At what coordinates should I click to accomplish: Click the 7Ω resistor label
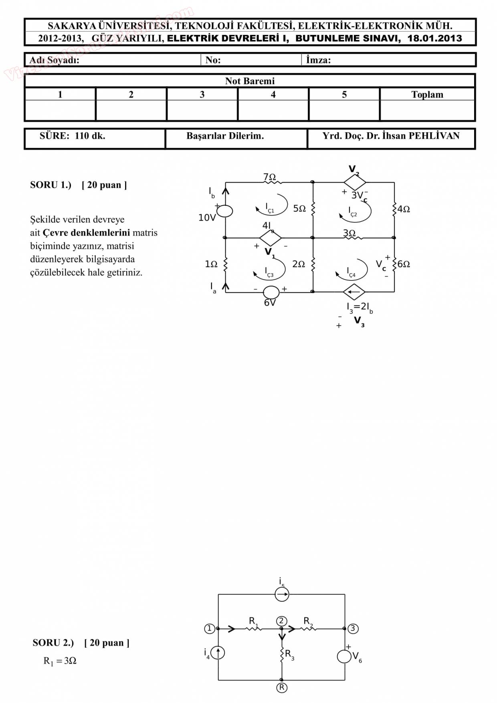click(269, 177)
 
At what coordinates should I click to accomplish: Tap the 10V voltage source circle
click(225, 211)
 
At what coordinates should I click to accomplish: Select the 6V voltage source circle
click(271, 292)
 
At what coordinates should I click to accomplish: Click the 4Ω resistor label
click(404, 209)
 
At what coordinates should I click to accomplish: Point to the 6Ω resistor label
click(404, 264)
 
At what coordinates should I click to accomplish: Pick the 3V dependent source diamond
click(355, 183)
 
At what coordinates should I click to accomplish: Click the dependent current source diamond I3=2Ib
click(354, 292)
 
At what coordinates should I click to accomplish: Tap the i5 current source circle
click(282, 594)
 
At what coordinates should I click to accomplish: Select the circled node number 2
click(281, 621)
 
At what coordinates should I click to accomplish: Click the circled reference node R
click(282, 688)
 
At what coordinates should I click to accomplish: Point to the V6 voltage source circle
click(344, 657)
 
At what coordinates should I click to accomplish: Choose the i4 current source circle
click(218, 653)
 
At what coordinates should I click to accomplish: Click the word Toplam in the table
click(427, 95)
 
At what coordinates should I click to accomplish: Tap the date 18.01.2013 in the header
click(434, 38)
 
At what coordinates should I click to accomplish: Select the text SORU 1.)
click(51, 185)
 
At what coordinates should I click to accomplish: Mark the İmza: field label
click(318, 60)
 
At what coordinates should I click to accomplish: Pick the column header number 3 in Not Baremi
click(202, 95)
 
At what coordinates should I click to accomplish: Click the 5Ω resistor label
click(299, 209)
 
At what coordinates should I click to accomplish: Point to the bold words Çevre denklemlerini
click(86, 233)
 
